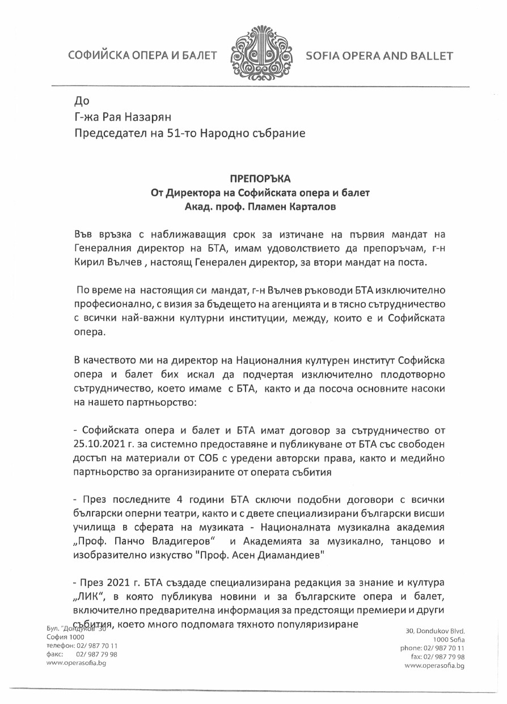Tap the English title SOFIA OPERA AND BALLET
[x=379, y=56]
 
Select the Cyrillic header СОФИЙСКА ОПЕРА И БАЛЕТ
[x=143, y=56]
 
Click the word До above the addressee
[x=82, y=101]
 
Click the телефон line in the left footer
[x=82, y=646]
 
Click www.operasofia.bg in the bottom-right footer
[x=434, y=665]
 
